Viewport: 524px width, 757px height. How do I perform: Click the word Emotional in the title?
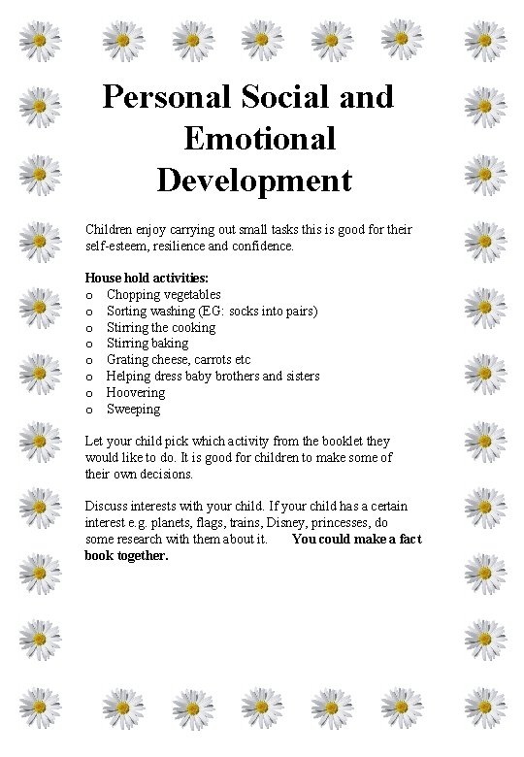pos(259,139)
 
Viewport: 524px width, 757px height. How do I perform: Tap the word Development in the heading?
pos(254,181)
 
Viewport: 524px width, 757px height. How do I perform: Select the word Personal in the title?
pos(165,97)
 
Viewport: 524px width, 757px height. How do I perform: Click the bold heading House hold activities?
pos(147,278)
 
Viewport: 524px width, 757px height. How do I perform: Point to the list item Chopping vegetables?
pos(163,294)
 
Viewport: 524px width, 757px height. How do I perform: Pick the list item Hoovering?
pos(135,393)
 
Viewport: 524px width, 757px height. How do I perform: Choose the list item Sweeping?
pos(133,410)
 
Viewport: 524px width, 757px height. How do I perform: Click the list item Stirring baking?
pos(147,344)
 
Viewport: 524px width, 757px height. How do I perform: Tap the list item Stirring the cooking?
pos(160,327)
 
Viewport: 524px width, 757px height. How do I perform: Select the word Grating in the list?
pos(127,360)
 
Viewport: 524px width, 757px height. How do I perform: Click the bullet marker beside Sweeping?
pos(89,410)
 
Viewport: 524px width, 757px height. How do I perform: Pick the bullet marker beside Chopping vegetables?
pos(89,294)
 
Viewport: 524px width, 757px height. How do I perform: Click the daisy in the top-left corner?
pos(41,40)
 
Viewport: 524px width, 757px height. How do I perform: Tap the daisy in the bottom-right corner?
pos(484,708)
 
